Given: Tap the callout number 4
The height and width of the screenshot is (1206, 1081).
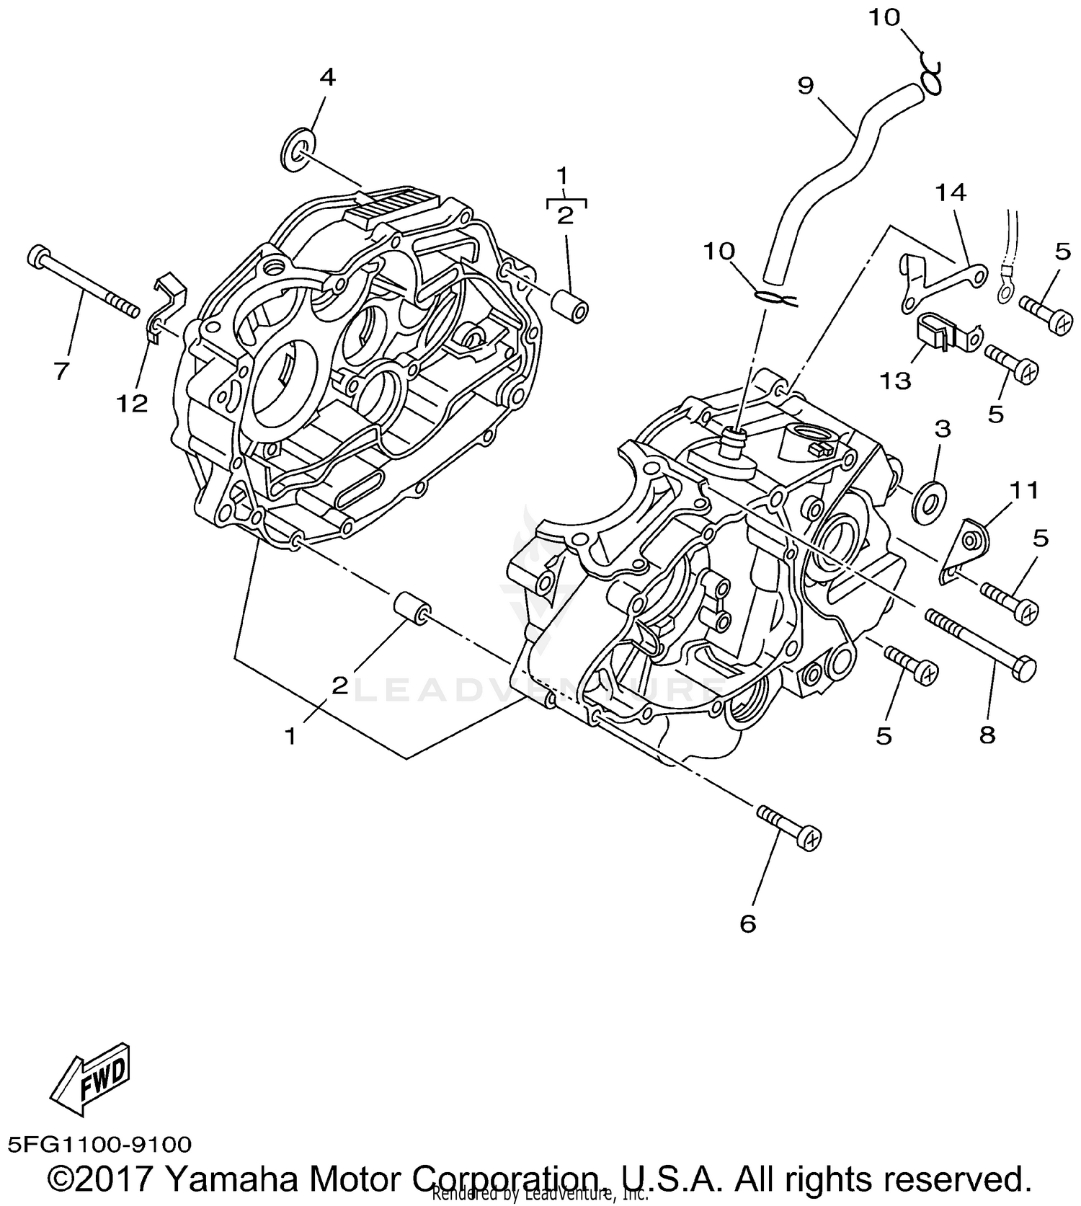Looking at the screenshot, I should point(327,77).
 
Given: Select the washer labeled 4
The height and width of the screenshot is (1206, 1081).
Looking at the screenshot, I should point(298,150).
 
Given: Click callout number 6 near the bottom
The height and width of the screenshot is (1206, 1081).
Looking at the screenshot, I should point(748,923).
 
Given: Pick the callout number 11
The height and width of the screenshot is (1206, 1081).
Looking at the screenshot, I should point(1023,490).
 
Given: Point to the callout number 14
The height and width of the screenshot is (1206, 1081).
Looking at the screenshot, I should point(951,192).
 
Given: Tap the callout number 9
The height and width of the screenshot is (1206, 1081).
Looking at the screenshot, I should point(806,85).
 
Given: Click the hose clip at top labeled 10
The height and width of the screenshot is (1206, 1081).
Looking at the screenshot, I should point(931,77).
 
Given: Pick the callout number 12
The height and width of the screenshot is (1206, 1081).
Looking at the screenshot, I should point(133,404).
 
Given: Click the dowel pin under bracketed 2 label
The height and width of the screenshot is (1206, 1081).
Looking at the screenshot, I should point(569,302).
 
